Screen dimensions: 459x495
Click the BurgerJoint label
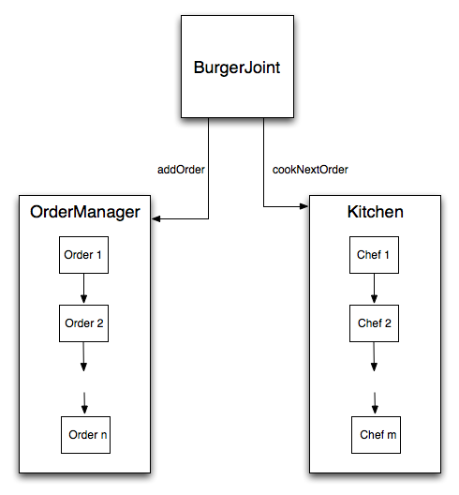pyautogui.click(x=237, y=67)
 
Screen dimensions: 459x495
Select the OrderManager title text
pyautogui.click(x=85, y=212)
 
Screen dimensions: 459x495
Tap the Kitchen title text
pyautogui.click(x=375, y=212)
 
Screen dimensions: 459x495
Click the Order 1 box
pyautogui.click(x=83, y=255)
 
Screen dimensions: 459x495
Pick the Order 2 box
pyautogui.click(x=83, y=323)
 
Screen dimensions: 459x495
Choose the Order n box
pyautogui.click(x=85, y=435)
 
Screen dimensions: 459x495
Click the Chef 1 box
pyautogui.click(x=374, y=255)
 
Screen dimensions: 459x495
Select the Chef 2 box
pyautogui.click(x=374, y=323)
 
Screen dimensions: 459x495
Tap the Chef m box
pyautogui.click(x=376, y=435)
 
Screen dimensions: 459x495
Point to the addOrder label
pyautogui.click(x=181, y=170)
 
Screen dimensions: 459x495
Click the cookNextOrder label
pyautogui.click(x=310, y=170)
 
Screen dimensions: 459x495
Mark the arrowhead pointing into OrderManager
pyautogui.click(x=155, y=218)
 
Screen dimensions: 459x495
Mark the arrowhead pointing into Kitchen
pyautogui.click(x=304, y=206)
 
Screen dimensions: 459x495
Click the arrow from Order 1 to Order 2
pyautogui.click(x=83, y=289)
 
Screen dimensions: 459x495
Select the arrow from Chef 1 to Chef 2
pyautogui.click(x=374, y=289)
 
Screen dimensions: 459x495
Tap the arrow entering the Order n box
pyautogui.click(x=84, y=403)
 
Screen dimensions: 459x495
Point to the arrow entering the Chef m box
pyautogui.click(x=375, y=403)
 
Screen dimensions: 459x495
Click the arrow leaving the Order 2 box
pyautogui.click(x=83, y=357)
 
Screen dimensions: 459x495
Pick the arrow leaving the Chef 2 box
pyautogui.click(x=374, y=357)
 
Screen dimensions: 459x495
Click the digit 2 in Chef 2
pyautogui.click(x=388, y=323)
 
